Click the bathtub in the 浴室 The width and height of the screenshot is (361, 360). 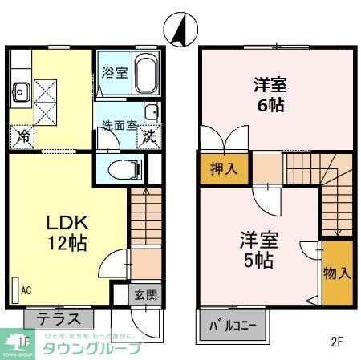coord(145,75)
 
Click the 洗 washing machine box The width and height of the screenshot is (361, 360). coord(149,136)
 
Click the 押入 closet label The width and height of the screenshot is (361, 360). coord(225,170)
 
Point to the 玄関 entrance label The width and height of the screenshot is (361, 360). coord(145,294)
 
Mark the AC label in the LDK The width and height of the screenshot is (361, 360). coord(26,290)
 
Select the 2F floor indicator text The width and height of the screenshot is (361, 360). coord(337,341)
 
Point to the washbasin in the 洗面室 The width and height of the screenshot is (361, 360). coord(150,111)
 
